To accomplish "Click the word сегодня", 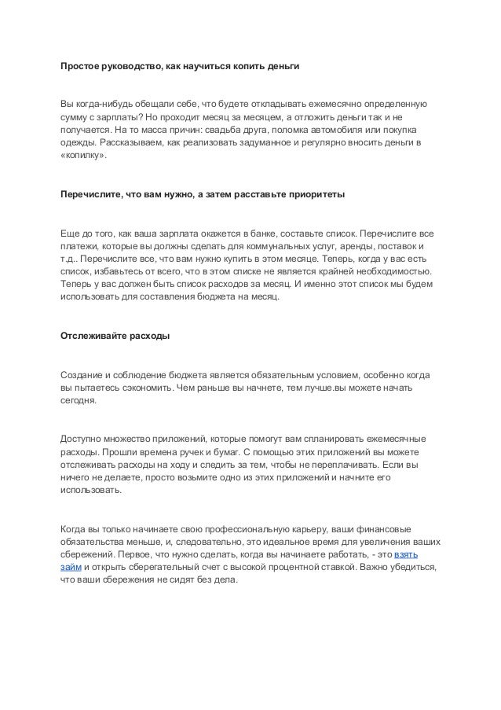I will (78, 403).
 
